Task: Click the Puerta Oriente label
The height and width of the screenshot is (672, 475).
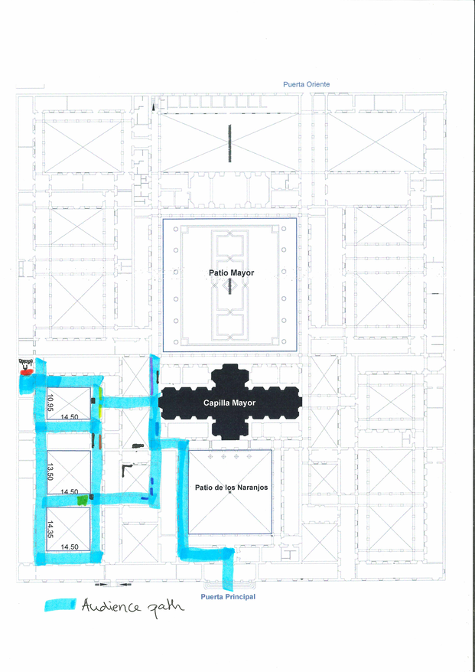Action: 306,84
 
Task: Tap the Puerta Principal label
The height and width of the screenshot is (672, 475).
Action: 228,596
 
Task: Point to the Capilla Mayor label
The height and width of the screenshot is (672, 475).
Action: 229,403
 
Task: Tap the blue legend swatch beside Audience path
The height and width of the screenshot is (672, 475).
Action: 60,605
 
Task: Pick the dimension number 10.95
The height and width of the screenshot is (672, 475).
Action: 50,401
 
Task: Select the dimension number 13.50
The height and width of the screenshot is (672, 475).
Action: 50,471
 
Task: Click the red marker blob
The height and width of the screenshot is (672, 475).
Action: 27,373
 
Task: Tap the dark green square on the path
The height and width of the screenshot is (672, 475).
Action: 83,500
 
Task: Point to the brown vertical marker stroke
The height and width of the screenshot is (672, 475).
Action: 99,442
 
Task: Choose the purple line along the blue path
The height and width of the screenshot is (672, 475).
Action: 151,371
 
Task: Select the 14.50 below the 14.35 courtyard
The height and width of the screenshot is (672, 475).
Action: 69,546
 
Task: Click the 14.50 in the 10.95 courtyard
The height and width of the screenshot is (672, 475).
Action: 69,416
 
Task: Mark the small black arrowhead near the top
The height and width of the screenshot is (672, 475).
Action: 153,107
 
